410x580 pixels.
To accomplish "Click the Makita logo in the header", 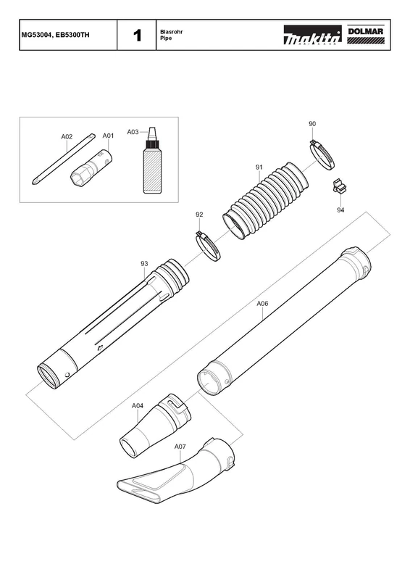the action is [x=312, y=35].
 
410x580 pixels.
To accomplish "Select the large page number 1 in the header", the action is [x=137, y=36].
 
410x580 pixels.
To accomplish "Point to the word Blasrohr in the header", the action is [x=171, y=32].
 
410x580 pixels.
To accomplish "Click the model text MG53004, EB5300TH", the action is [x=55, y=35].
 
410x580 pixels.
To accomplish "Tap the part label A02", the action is [x=67, y=137].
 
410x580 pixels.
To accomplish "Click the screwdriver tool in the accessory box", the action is [x=64, y=160].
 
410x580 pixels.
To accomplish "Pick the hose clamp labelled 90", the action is [x=322, y=154].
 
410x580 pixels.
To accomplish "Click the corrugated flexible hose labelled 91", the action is [x=265, y=200].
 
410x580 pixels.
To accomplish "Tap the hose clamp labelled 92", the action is [x=207, y=246].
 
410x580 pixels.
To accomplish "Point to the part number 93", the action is [x=144, y=264].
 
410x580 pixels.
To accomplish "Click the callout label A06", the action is [x=262, y=304].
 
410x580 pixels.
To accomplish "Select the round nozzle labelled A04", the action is [x=155, y=426].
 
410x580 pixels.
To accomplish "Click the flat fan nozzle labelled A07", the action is [x=175, y=473].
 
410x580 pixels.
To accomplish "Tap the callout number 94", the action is [x=340, y=210].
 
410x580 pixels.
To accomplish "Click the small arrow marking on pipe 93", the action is [x=99, y=347].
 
